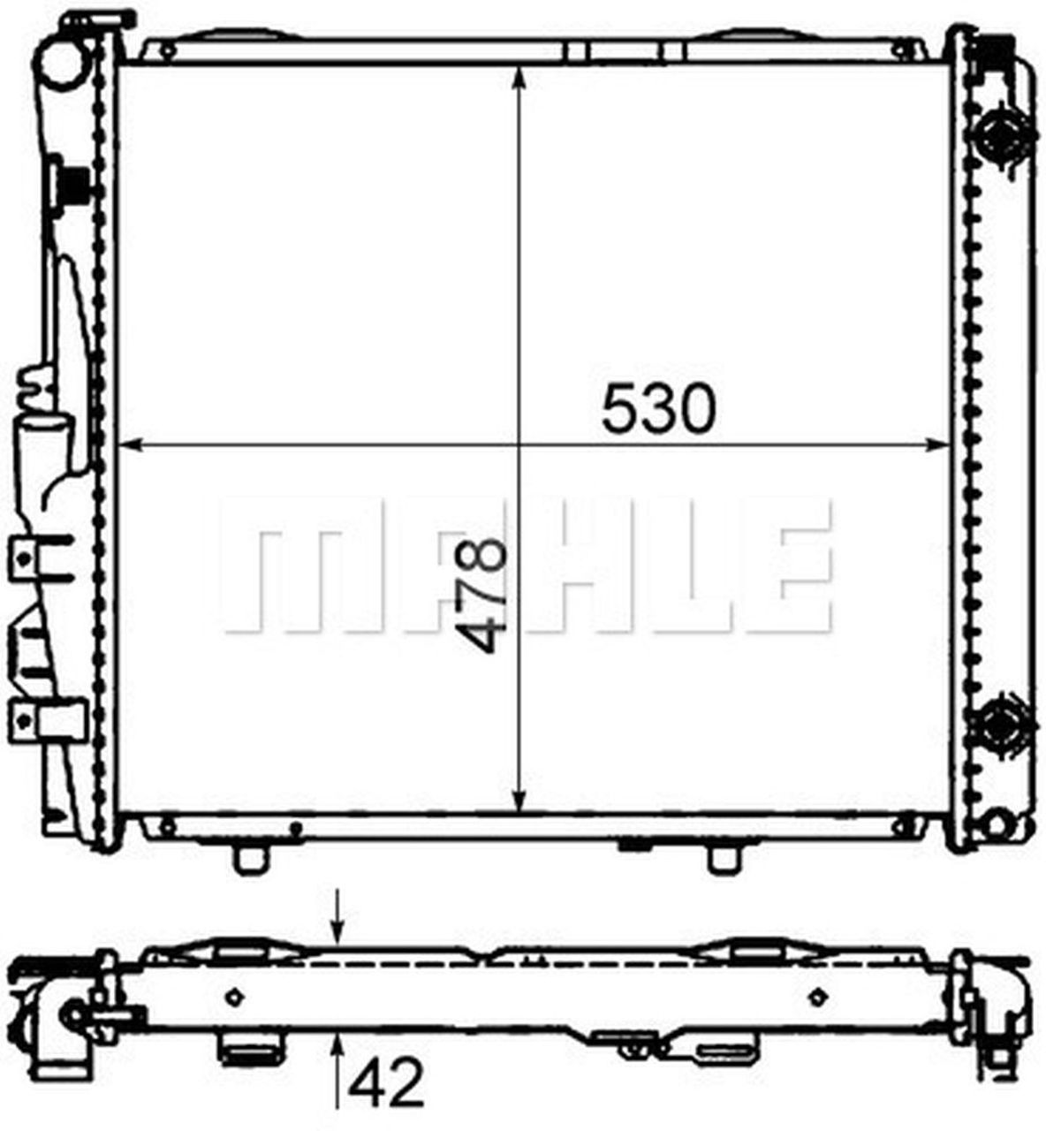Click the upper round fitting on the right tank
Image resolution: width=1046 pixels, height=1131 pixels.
(x=1002, y=134)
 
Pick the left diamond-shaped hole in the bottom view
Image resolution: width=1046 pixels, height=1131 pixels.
(x=234, y=996)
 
